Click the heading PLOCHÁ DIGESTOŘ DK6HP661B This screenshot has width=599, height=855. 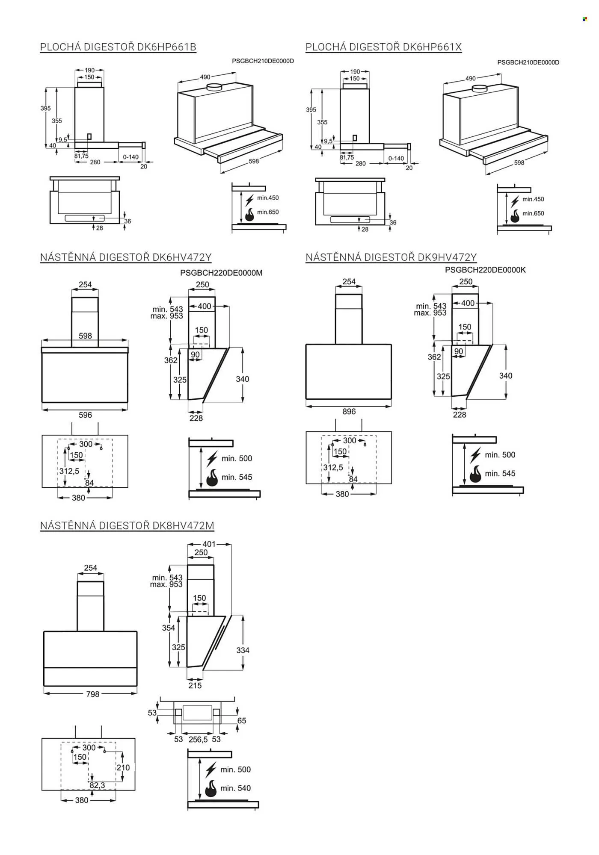pos(118,47)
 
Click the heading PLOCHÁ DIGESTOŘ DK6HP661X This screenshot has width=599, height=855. pos(384,47)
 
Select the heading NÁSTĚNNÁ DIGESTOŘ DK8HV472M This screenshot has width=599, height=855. pos(127,525)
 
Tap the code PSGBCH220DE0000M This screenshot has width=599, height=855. pos(221,273)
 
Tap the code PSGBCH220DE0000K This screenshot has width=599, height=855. pos(485,270)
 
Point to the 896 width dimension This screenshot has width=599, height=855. pos(349,411)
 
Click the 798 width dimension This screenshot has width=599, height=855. pos(93,694)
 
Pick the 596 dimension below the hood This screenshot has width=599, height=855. pos(85,415)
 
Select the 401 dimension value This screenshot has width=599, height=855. pos(209,544)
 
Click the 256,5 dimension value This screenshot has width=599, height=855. pos(198,739)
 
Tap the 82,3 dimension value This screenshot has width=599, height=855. pos(98,785)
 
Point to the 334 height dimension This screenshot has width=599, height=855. pos(243,650)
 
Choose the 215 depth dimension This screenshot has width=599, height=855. pos(195,685)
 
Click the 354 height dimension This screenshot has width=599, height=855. pos(169,628)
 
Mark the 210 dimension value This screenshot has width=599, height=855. pos(123,767)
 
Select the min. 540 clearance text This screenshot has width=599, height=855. pos(235,788)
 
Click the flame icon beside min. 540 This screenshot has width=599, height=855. pos(211,788)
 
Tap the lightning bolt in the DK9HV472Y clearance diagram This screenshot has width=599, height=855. pos(475,455)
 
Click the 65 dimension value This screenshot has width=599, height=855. pos(242,720)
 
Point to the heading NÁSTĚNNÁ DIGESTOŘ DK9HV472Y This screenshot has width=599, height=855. pos(391,257)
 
